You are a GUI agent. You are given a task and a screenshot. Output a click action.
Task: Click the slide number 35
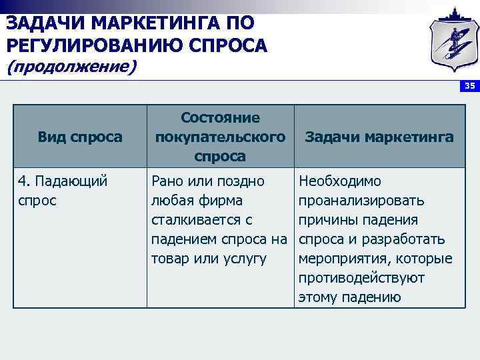469,86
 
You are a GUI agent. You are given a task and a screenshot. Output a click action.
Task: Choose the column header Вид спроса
80,137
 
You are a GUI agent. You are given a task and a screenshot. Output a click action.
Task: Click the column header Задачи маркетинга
379,137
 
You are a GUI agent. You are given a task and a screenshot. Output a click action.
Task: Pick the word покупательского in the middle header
220,137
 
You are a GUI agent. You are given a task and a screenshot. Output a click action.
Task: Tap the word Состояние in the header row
220,117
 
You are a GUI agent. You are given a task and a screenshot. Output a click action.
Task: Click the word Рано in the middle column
167,181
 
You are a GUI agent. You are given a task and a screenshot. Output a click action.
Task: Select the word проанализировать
362,200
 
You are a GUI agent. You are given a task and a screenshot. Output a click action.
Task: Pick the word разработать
415,239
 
